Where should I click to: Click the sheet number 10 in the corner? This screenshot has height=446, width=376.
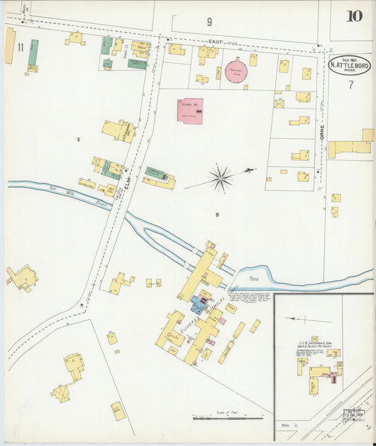coord(355,16)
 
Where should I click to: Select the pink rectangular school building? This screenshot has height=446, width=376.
coord(190,111)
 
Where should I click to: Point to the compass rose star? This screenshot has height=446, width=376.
coord(221,177)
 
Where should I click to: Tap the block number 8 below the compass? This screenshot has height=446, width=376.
coord(218,212)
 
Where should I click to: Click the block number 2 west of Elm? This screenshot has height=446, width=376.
coord(78,140)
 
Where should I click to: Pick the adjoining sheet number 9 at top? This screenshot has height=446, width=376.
coord(209,22)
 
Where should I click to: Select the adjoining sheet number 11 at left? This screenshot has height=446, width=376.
coord(20,47)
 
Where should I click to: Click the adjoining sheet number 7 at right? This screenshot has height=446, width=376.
coord(350,84)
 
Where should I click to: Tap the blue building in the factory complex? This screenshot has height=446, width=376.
coord(197,305)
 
